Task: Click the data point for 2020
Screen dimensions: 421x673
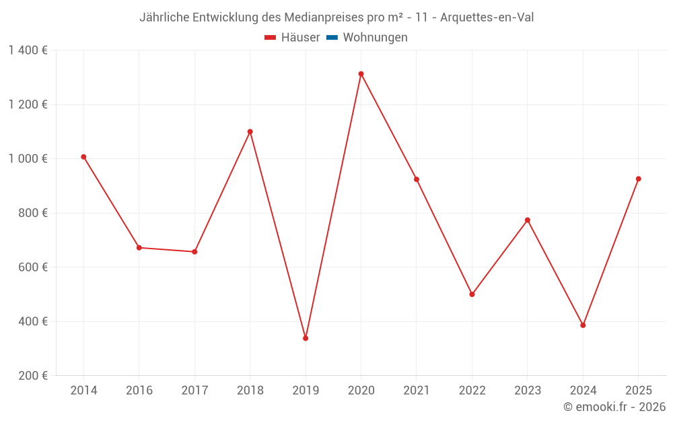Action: point(361,74)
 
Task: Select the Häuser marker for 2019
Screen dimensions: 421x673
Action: point(306,338)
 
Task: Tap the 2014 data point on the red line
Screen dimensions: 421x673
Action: point(83,157)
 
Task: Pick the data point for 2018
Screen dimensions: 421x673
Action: point(250,132)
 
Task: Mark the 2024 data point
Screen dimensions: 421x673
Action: point(583,325)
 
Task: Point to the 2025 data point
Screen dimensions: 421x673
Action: point(638,179)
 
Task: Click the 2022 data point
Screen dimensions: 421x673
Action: point(472,294)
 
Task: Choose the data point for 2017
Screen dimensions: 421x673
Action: point(194,252)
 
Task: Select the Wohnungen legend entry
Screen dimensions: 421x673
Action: point(375,38)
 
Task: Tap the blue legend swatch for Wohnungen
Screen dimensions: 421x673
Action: point(332,38)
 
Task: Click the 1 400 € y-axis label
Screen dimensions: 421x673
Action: point(28,51)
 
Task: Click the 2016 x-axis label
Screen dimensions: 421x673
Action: point(139,391)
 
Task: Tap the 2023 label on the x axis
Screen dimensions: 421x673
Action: point(527,391)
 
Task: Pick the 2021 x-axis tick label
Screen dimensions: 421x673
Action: point(417,391)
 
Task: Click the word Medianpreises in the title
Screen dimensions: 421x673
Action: point(324,18)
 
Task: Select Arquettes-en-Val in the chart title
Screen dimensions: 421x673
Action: point(487,18)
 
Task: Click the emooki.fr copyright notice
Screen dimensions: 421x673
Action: point(614,407)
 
